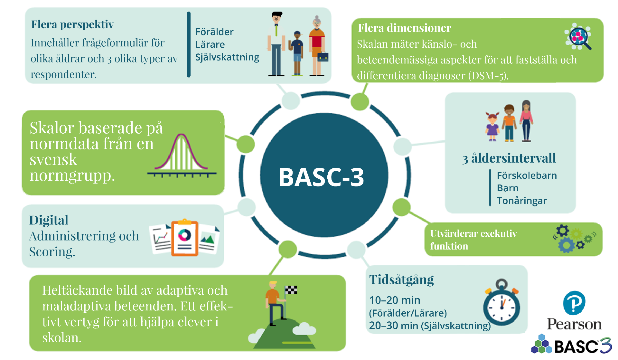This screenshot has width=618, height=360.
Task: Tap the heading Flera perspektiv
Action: point(72,24)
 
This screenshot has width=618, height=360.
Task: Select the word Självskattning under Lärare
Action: point(227,57)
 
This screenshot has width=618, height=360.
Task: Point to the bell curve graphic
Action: point(182,155)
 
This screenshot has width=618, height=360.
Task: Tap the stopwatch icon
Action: point(501,303)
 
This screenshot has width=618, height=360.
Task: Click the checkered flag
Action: point(291,290)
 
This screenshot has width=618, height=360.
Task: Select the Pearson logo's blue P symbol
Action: point(574,303)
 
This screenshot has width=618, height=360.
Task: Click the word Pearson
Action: point(574,324)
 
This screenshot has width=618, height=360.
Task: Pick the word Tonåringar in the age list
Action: point(522,201)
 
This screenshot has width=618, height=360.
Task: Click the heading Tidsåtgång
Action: point(401,280)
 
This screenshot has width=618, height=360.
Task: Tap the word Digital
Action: point(49,220)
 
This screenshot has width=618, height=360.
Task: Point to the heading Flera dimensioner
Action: point(405,28)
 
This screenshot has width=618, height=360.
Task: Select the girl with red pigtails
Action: point(492,127)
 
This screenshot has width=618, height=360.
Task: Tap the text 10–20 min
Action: point(395,300)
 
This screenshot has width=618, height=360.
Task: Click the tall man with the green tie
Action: point(276,44)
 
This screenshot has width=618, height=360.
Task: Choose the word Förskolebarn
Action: point(527,175)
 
